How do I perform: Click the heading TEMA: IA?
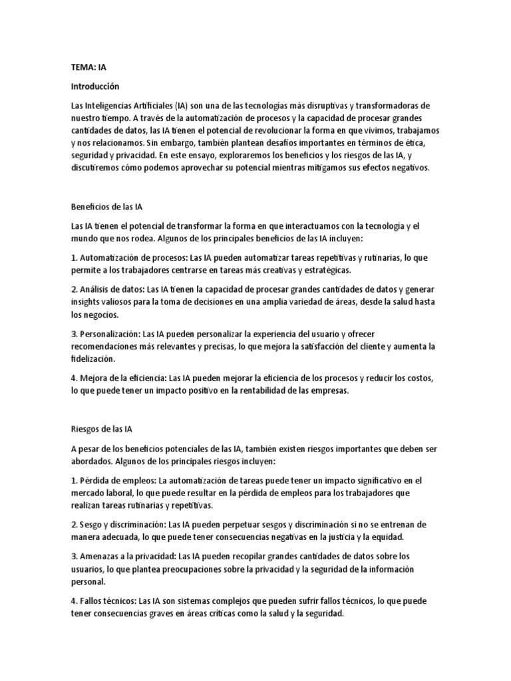coord(88,67)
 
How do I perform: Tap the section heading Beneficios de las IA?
coord(106,207)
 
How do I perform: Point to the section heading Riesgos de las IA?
coord(100,430)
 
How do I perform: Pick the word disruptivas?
coord(321,106)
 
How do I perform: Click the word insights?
coord(86,302)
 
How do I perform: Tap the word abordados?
coord(92,461)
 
